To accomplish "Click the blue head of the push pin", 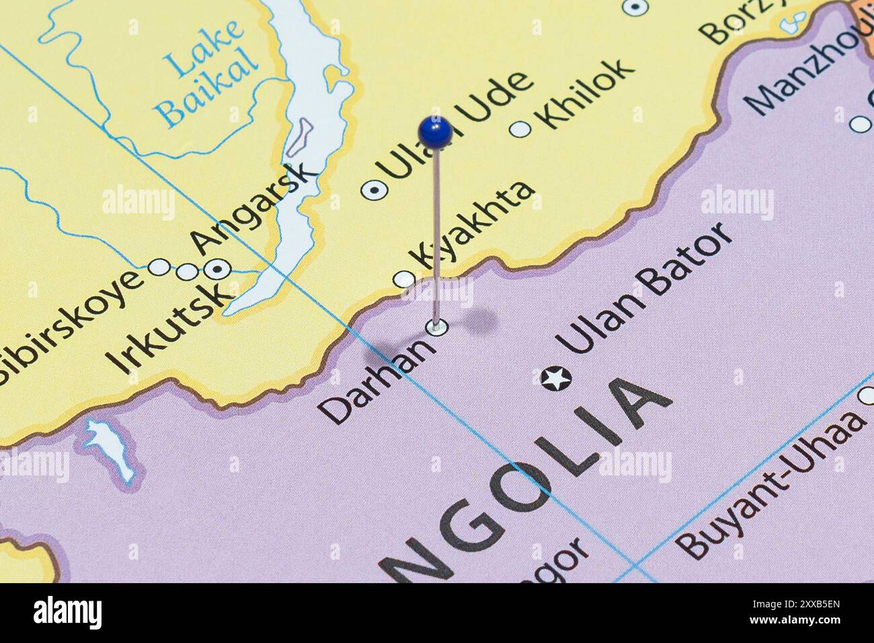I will click(434, 130).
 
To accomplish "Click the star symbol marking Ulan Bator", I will click(556, 379).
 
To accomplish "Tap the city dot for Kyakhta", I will click(403, 278).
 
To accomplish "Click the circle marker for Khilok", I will click(520, 129).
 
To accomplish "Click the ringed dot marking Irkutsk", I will click(216, 270).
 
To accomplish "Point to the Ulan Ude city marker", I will click(374, 190).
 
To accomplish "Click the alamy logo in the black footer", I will click(67, 613).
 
